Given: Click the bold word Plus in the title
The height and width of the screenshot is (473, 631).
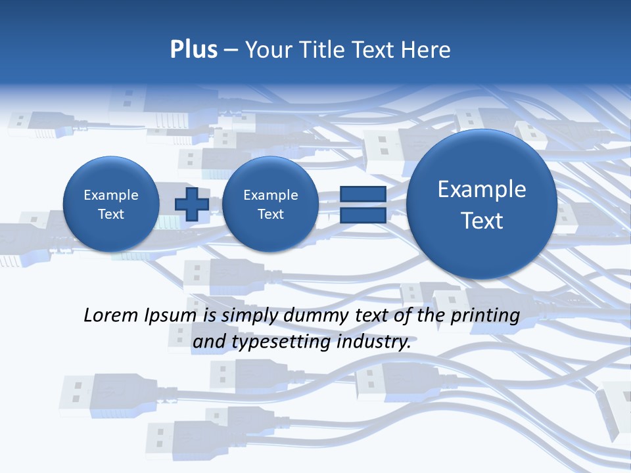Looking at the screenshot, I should (193, 50).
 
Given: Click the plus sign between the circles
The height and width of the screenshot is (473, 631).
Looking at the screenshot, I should (191, 204).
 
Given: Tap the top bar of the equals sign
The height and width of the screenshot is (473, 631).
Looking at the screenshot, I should (363, 194).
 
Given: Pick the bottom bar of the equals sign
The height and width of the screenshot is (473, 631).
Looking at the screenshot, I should (363, 215).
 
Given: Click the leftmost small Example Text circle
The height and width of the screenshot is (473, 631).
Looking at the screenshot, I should (110, 204).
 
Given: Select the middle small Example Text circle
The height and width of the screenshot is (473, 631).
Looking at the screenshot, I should (270, 204).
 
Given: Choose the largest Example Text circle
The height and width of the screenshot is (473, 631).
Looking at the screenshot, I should (482, 204).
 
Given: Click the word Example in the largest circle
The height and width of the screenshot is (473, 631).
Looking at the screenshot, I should (482, 189).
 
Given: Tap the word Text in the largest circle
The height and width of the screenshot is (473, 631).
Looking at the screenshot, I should (482, 221).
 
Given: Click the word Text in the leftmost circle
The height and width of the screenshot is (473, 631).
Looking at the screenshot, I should (110, 214).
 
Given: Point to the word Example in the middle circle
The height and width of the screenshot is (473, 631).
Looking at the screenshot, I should (270, 195).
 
